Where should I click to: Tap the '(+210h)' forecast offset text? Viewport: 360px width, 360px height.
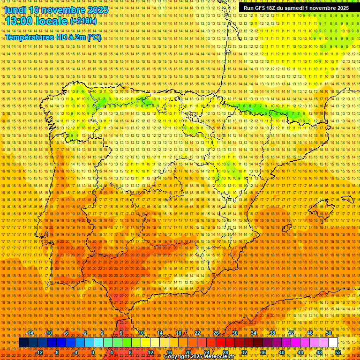tap(83, 21)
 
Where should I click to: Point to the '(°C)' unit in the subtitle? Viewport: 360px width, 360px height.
tap(94, 37)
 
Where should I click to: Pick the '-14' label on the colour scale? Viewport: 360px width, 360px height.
tap(30, 333)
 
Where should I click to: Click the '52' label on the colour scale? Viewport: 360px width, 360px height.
tap(338, 352)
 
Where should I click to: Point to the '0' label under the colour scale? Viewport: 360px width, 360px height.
tap(93, 352)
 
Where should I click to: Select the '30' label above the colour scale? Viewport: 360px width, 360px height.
tap(234, 333)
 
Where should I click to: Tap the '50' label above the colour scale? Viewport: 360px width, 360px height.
tap(329, 333)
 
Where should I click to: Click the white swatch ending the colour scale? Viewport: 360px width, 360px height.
tap(333, 343)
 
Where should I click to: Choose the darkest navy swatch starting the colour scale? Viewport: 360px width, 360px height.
tap(23, 343)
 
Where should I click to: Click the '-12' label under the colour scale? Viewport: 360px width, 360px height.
tap(39, 352)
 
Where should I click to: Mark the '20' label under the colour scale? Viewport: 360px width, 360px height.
tap(187, 352)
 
